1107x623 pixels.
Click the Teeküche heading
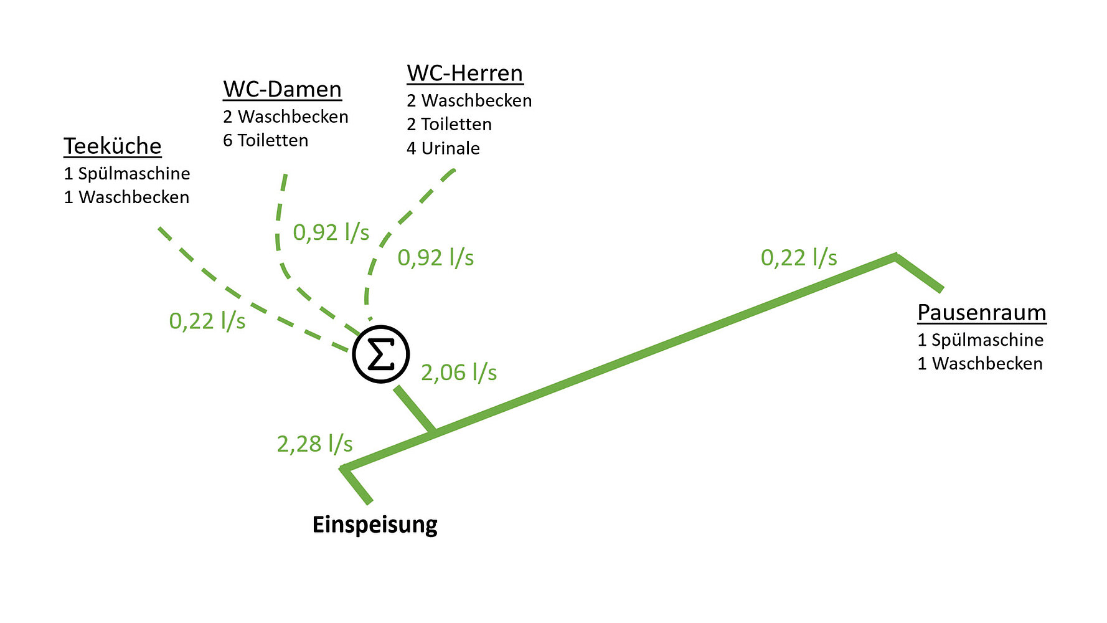click(113, 146)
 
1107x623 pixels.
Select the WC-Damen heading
click(282, 90)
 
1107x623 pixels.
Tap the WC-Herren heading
click(464, 74)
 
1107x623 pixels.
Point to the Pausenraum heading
click(981, 313)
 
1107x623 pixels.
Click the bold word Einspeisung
click(375, 525)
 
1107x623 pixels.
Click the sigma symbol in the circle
click(380, 354)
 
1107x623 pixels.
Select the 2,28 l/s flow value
click(314, 444)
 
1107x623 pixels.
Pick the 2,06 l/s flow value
click(459, 373)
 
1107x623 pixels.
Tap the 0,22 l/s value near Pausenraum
click(799, 257)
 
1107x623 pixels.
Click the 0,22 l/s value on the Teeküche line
click(207, 321)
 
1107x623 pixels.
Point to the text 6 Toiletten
click(266, 141)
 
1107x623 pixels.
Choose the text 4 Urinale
click(443, 149)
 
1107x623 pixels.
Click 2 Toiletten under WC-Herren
click(449, 125)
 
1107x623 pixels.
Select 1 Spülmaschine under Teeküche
click(127, 174)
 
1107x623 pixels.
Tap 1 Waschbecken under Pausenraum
click(979, 364)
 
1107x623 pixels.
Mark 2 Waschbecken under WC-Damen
click(286, 117)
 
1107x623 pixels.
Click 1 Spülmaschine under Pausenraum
click(980, 340)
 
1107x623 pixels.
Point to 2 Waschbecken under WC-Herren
click(469, 101)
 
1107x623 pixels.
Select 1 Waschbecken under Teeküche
click(126, 197)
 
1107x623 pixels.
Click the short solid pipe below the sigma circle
click(415, 409)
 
